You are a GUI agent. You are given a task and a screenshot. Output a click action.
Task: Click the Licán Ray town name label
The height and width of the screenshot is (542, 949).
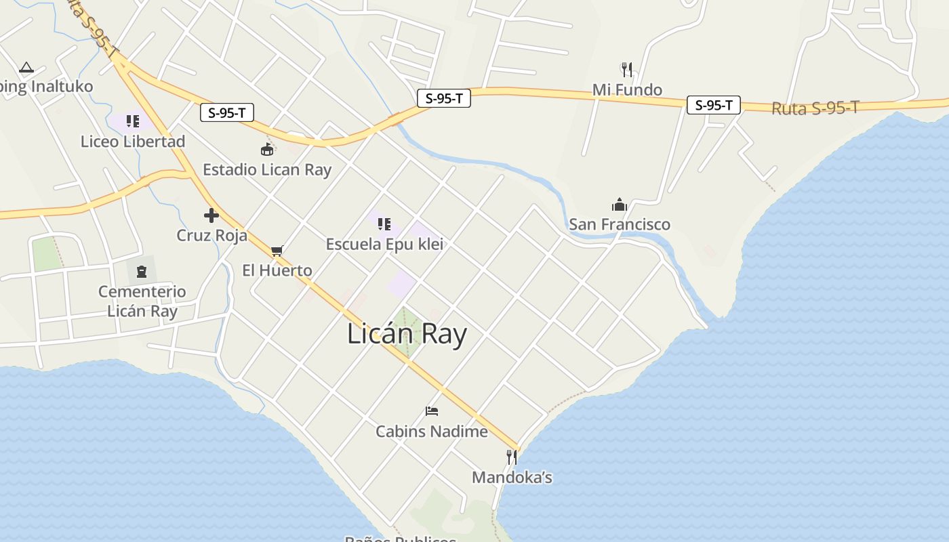407,334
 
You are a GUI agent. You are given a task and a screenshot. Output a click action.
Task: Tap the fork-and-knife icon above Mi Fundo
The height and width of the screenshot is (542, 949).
627,69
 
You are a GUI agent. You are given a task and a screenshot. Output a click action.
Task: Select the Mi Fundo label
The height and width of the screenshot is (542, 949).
627,89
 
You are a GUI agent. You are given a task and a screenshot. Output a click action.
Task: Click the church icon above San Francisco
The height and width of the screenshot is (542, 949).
619,205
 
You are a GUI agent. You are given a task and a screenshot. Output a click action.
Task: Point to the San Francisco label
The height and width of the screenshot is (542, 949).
620,224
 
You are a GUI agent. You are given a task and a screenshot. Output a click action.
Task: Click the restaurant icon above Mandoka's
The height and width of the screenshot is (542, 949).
512,457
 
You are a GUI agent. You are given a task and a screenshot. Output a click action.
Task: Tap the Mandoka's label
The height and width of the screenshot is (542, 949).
512,478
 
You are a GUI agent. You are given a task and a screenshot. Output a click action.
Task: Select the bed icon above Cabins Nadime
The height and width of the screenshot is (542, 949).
432,411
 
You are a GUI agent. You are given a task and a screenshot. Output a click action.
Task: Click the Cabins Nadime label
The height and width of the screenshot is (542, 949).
432,432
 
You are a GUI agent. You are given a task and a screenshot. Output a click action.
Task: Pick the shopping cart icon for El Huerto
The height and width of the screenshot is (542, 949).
277,251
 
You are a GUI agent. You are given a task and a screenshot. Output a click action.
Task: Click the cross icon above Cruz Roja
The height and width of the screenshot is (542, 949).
211,215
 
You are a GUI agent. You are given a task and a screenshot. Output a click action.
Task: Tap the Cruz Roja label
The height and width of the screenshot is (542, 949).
211,235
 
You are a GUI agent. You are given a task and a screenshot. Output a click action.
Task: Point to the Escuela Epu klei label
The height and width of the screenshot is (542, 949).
384,244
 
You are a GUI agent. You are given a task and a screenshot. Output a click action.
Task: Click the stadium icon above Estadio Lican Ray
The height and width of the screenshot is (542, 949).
267,150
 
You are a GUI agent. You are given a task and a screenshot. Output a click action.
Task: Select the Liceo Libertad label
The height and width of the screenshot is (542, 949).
133,142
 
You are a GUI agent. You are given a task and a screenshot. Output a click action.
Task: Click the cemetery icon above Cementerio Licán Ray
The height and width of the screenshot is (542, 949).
142,272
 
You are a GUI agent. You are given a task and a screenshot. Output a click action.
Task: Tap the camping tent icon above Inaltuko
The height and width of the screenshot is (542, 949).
26,67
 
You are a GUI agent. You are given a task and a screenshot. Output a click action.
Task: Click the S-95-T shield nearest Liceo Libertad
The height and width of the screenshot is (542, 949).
227,112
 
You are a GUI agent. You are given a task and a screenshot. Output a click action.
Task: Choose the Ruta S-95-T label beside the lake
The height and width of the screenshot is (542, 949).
815,108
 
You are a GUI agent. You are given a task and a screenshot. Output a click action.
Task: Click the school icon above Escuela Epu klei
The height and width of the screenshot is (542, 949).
384,224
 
